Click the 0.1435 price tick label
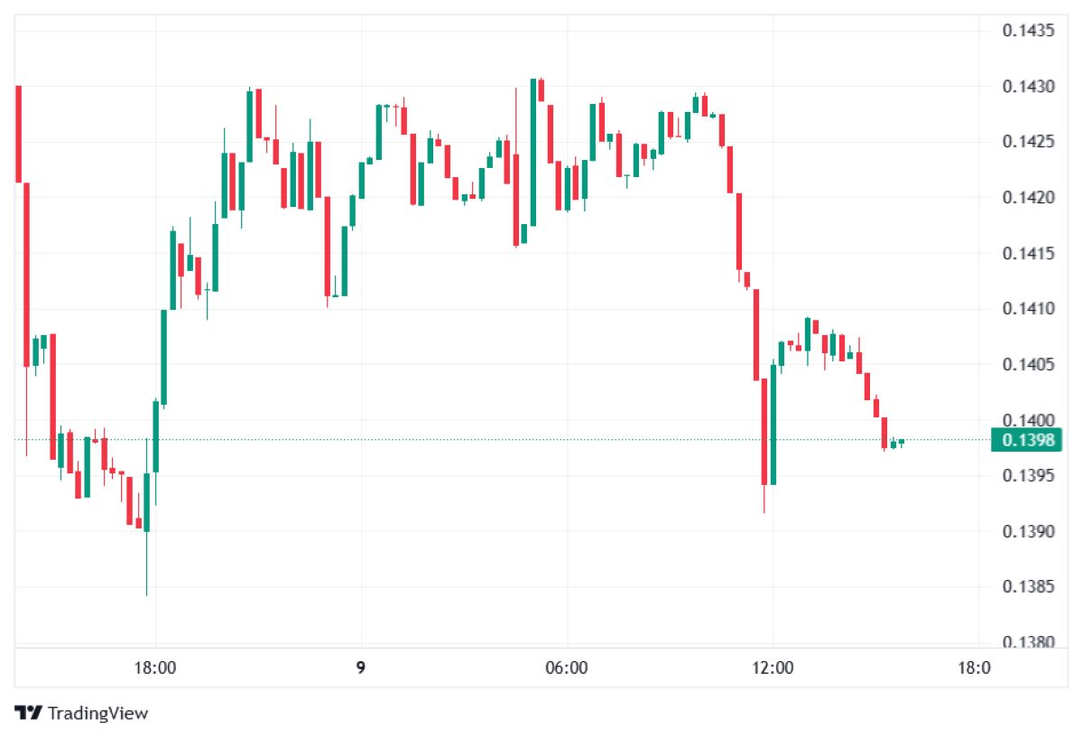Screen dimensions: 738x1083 (1028, 31)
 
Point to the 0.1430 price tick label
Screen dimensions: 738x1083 (1028, 87)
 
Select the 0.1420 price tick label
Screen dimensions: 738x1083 (1028, 198)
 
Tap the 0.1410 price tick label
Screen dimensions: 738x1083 (1028, 309)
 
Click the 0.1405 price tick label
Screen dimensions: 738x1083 (1028, 365)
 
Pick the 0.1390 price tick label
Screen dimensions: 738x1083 (1028, 531)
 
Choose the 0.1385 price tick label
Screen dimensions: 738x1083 (1028, 587)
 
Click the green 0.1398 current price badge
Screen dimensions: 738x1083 (1027, 440)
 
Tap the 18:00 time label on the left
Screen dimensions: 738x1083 (154, 668)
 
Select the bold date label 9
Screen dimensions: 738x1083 (360, 668)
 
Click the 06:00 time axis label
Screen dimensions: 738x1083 (567, 668)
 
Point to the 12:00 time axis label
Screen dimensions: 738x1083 (773, 668)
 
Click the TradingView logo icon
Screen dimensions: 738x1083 (29, 713)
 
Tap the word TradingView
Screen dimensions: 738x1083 (97, 713)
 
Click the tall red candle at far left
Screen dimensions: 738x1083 (18, 134)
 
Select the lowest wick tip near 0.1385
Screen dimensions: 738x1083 (146, 593)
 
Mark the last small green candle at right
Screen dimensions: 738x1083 (901, 441)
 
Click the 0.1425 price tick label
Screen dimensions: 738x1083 (1028, 142)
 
